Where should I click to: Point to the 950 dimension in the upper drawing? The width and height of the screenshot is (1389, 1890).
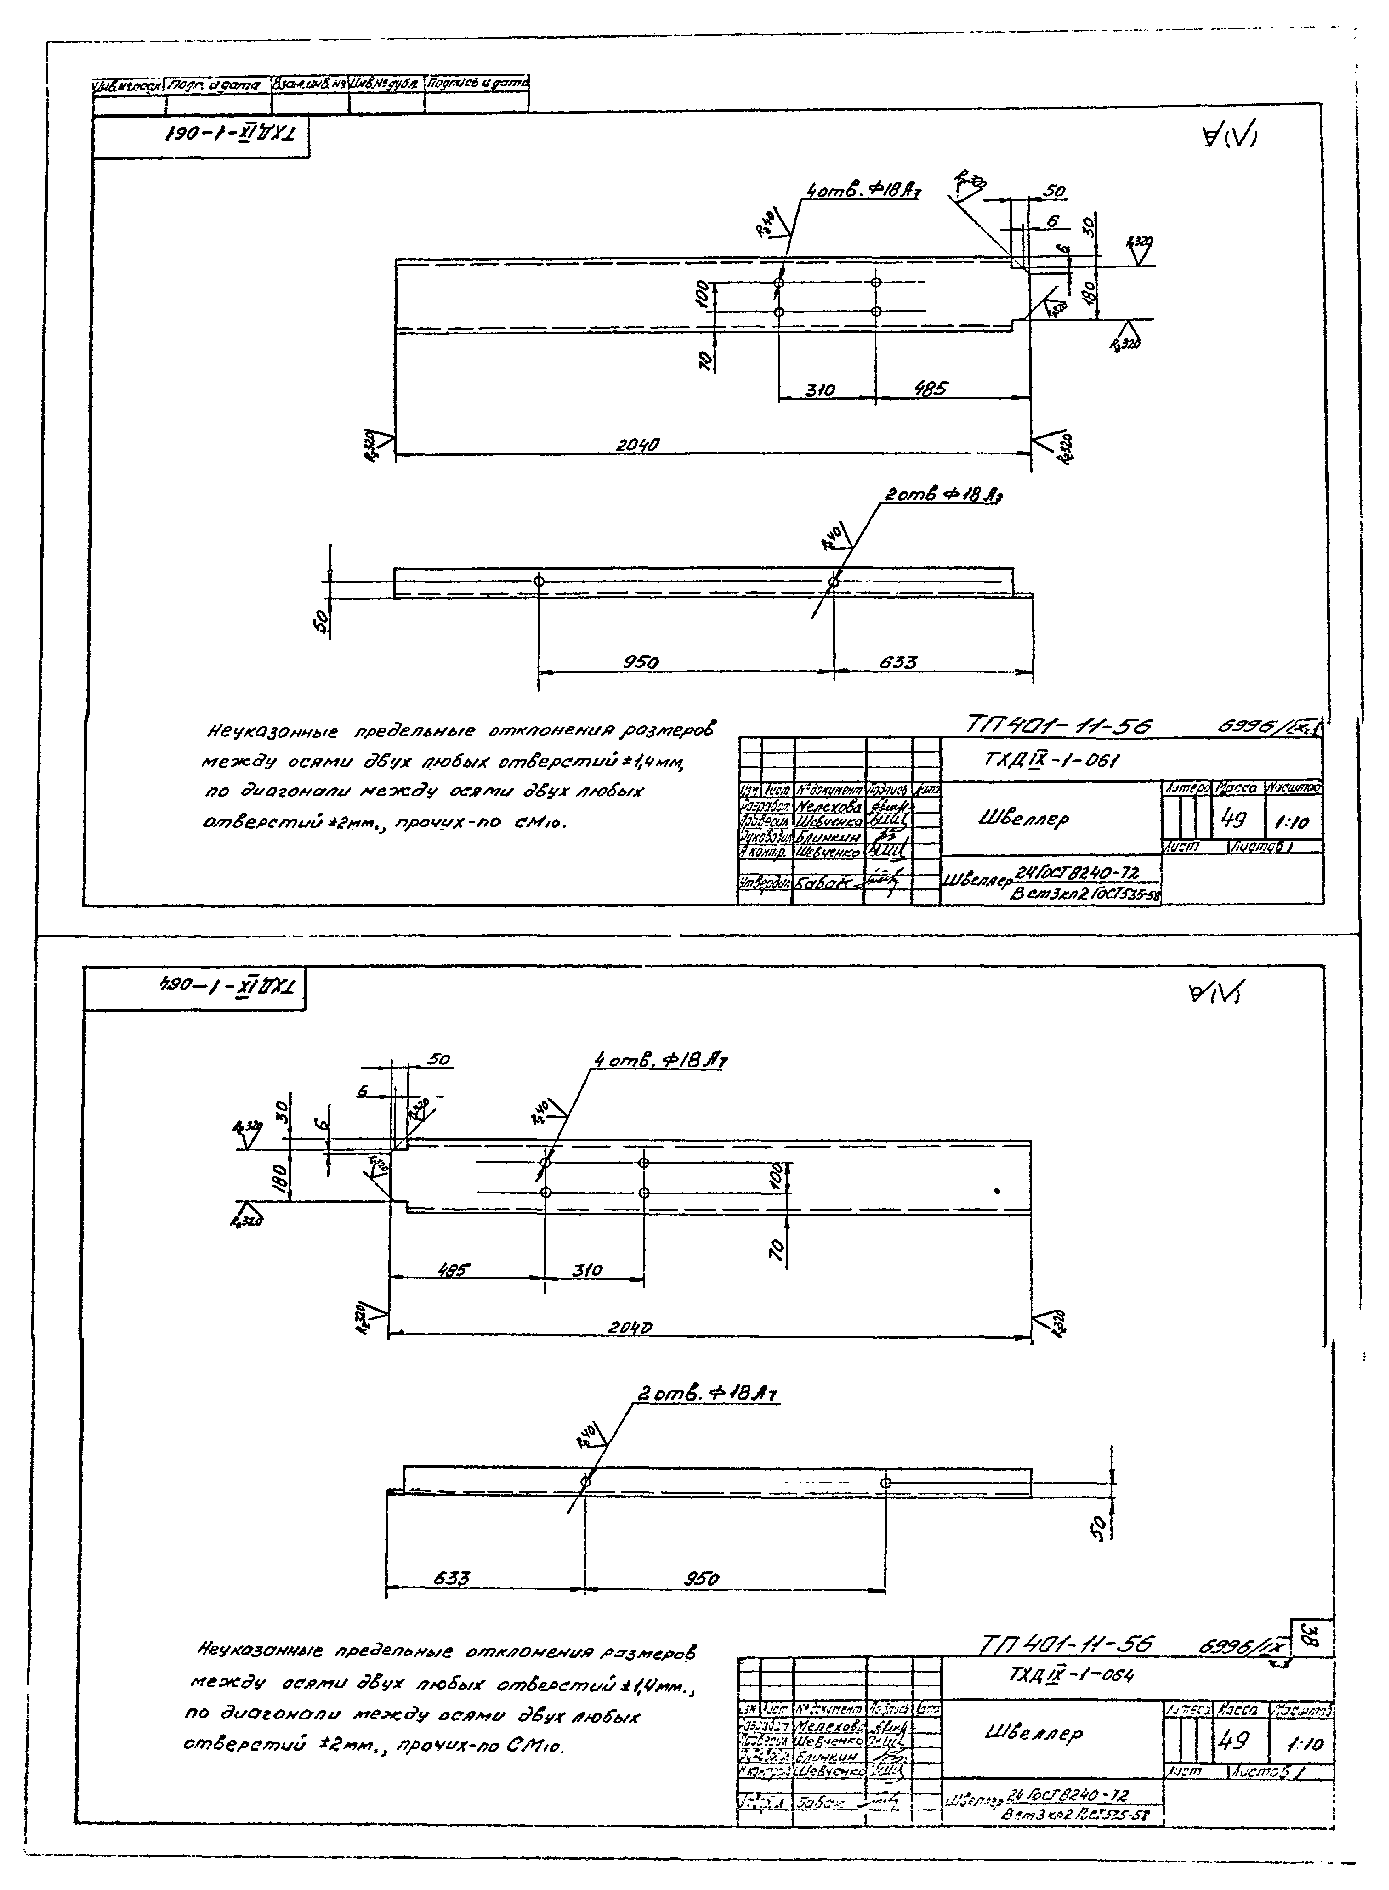click(x=641, y=662)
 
